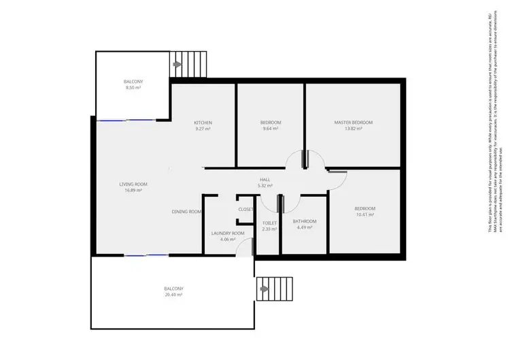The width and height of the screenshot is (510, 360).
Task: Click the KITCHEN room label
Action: coord(203,122)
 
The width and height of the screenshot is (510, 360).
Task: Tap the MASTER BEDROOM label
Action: coord(353,122)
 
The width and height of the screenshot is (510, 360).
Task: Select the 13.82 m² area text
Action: coord(353,129)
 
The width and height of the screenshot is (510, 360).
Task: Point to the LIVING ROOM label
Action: coord(133,184)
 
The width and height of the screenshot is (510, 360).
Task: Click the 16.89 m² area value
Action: coord(133,191)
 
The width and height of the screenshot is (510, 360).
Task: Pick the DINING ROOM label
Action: coord(186,212)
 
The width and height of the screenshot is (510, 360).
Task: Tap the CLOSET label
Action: coord(246,209)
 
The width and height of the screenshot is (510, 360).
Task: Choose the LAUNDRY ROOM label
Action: coord(228,233)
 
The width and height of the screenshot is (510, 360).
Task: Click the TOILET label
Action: coord(269,223)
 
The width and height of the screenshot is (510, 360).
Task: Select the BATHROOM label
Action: coord(303,221)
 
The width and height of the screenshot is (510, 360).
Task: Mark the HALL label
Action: coord(265,180)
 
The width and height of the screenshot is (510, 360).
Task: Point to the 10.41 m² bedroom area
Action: coord(364,214)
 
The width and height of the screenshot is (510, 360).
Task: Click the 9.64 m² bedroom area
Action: coord(270,129)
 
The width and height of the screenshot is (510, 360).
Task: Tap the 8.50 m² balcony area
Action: coord(133,88)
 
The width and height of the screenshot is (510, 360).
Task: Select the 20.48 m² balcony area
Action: coord(173,295)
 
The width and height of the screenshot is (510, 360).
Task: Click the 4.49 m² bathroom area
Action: coord(303,227)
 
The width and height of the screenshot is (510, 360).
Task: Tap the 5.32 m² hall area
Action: coord(265,186)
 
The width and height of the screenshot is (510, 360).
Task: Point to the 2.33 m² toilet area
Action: coord(269,229)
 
